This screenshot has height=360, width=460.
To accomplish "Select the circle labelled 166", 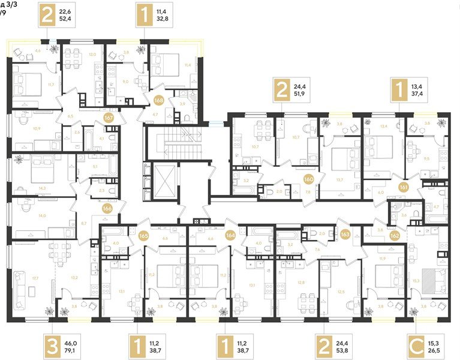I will pyautogui.click(x=107, y=209).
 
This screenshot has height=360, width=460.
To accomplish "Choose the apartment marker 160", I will pyautogui.click(x=309, y=179).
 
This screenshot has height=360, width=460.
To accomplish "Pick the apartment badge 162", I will pyautogui.click(x=395, y=235).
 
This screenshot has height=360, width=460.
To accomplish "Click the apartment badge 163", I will pyautogui.click(x=346, y=233).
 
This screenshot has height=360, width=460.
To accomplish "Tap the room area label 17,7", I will pyautogui.click(x=35, y=278).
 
